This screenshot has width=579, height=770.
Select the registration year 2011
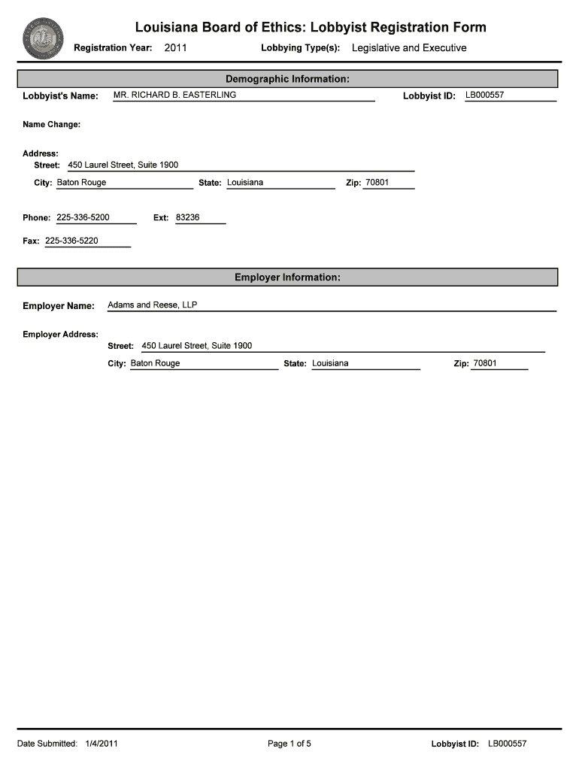click(x=175, y=48)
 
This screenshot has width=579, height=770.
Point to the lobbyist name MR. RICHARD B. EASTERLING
click(x=174, y=95)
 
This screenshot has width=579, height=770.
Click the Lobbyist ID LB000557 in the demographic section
click(x=484, y=95)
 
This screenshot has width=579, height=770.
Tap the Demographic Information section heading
click(x=287, y=79)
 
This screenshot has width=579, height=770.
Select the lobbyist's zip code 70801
click(x=377, y=183)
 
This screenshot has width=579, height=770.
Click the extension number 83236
click(x=187, y=217)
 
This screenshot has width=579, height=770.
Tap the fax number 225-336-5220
click(x=71, y=241)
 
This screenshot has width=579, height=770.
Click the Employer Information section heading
click(x=287, y=277)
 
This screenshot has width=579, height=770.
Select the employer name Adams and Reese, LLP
click(x=153, y=305)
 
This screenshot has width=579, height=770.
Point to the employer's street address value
click(x=197, y=346)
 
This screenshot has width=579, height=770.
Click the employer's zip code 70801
click(x=485, y=363)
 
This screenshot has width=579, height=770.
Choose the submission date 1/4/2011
click(x=102, y=744)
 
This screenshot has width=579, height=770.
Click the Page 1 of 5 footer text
click(x=289, y=744)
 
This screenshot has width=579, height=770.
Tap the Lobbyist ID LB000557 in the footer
click(x=508, y=744)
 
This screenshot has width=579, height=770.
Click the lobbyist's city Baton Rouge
click(x=82, y=183)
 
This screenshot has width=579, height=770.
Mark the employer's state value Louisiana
click(x=330, y=363)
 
